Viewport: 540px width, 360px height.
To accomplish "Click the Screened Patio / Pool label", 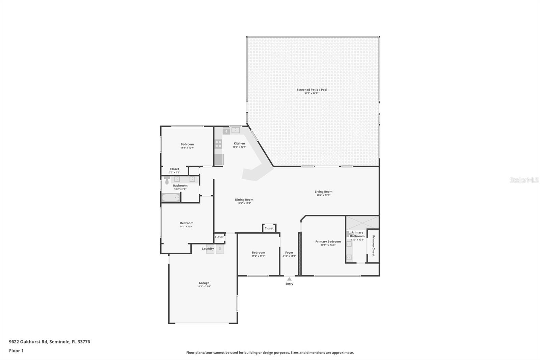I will tap(312, 90).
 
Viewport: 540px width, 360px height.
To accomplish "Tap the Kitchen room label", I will tap(239, 144).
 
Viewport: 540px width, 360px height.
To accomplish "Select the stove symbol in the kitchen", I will tap(218, 144).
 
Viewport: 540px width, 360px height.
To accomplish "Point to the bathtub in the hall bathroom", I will tap(171, 198).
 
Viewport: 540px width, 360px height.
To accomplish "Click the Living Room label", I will tap(323, 192).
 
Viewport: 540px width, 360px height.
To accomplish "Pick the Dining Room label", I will tap(244, 200).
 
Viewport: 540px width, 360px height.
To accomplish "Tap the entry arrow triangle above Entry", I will tap(289, 279).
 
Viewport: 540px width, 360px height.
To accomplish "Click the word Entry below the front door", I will tap(289, 284).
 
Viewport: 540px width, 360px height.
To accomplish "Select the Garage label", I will tap(204, 283).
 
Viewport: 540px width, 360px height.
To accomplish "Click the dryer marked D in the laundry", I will tap(220, 249).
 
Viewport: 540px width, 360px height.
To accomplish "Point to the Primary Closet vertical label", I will tap(373, 246).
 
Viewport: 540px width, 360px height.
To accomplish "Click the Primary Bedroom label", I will tap(328, 241).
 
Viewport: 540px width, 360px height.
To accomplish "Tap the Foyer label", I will tap(289, 253).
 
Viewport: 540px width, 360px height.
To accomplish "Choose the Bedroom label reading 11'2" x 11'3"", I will tap(258, 253).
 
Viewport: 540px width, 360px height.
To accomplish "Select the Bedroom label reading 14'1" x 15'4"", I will tap(187, 223).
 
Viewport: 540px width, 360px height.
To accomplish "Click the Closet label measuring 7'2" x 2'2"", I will tap(174, 169).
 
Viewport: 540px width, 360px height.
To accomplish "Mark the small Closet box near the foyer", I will tap(269, 228).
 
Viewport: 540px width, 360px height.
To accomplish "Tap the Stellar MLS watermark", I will tap(524, 180).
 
